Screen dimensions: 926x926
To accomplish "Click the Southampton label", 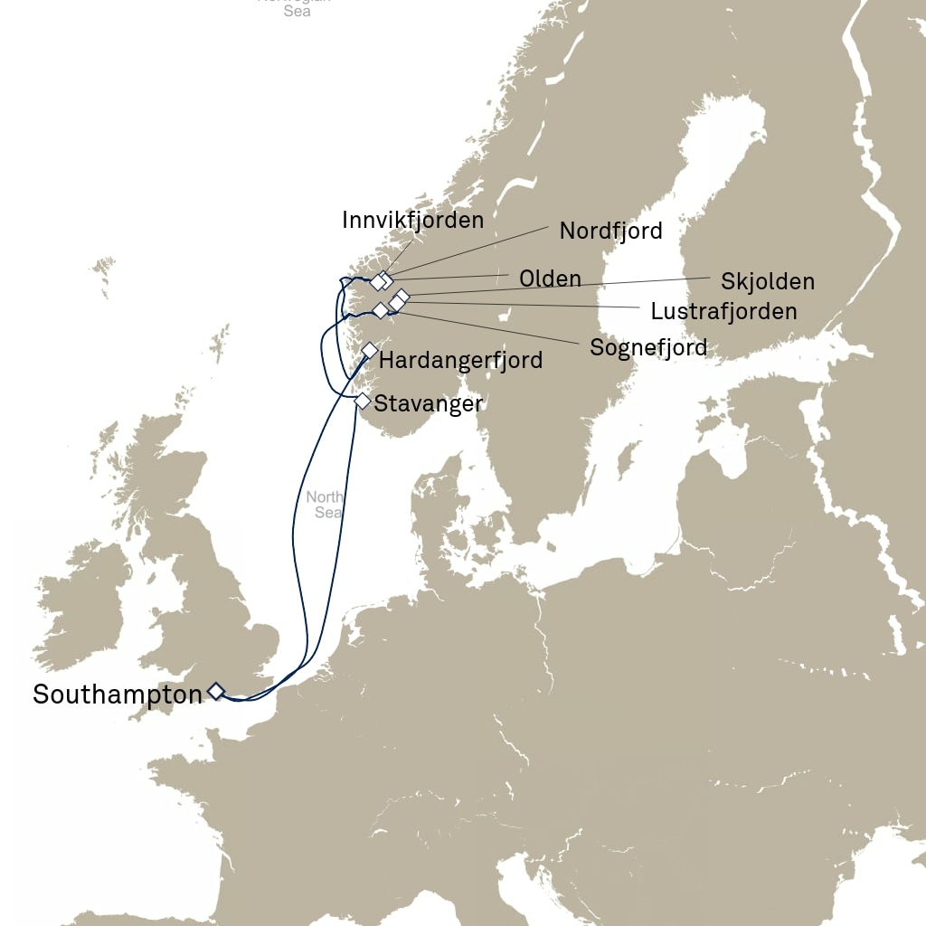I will tap(118, 694).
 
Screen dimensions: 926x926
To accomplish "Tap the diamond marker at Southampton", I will tap(216, 691).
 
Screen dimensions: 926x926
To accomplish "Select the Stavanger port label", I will tap(428, 403).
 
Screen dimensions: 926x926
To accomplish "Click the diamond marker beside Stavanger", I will tap(362, 401).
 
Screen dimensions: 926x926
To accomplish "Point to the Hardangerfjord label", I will tap(460, 360).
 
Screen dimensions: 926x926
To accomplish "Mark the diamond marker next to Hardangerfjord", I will tap(369, 350).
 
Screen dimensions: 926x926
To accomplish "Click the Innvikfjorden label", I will tap(412, 220).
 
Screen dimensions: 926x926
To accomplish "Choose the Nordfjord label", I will tap(610, 231).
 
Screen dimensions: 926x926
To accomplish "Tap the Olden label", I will tap(550, 279).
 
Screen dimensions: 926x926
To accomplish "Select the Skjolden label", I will tap(767, 281).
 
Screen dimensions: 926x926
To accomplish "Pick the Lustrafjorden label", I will tap(723, 312).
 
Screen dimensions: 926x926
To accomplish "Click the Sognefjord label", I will tap(648, 346).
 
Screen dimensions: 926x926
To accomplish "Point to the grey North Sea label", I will tap(324, 505).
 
